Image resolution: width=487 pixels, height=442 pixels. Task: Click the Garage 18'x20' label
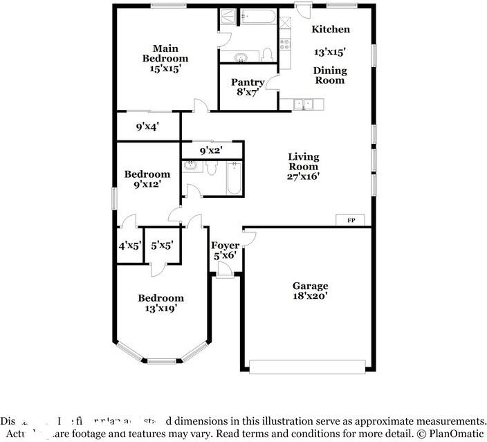pos(309,291)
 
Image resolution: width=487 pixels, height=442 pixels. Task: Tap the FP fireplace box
pos(351,220)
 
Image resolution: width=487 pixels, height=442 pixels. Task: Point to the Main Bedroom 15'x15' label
pos(165,59)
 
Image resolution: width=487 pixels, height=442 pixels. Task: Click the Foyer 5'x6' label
pos(225,250)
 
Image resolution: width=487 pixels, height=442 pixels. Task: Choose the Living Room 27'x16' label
pos(304,166)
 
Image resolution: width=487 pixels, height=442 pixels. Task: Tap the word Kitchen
pos(330,29)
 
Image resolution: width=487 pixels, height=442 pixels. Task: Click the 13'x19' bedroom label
pos(160,304)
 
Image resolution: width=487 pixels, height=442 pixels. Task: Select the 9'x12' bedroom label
pos(147,179)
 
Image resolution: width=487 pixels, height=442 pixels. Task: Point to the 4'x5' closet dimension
pos(129,245)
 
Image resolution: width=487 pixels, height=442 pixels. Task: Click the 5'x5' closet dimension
pos(163,245)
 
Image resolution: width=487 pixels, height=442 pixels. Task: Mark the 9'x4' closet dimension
pos(147,127)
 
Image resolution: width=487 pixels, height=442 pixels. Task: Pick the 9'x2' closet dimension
pos(211,150)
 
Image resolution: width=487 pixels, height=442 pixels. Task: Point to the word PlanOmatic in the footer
pos(459,433)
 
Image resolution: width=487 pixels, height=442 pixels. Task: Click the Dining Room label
pos(330,75)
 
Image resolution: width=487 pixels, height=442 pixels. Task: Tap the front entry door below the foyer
pos(225,275)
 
